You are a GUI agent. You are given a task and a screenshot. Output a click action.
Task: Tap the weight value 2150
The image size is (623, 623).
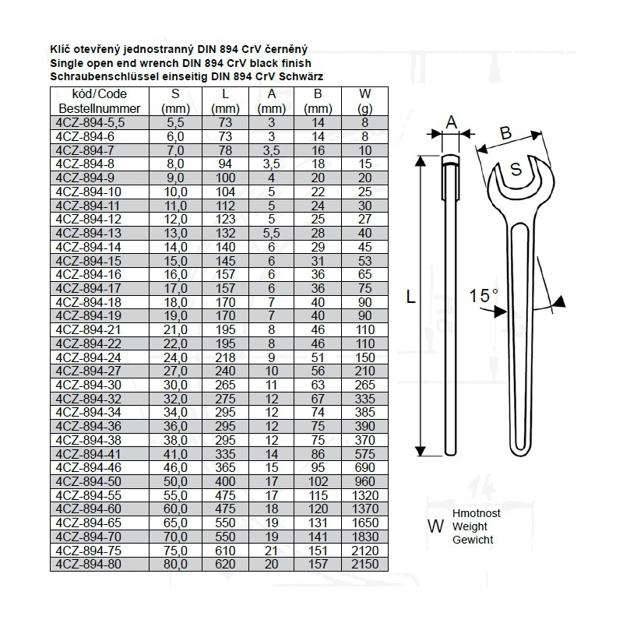click(364, 564)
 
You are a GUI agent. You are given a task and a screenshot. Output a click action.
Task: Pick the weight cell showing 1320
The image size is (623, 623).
click(364, 495)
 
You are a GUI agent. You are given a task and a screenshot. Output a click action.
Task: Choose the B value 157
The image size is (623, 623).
click(318, 564)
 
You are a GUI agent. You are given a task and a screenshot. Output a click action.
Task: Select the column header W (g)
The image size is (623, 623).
click(364, 100)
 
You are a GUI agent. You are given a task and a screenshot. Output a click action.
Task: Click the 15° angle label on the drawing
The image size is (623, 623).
click(484, 296)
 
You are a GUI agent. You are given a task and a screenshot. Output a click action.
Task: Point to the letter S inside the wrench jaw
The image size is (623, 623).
click(516, 169)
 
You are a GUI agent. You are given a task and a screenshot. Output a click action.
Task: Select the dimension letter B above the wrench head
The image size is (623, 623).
click(505, 134)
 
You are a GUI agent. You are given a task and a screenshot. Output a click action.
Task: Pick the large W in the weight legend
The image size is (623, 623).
click(435, 527)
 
